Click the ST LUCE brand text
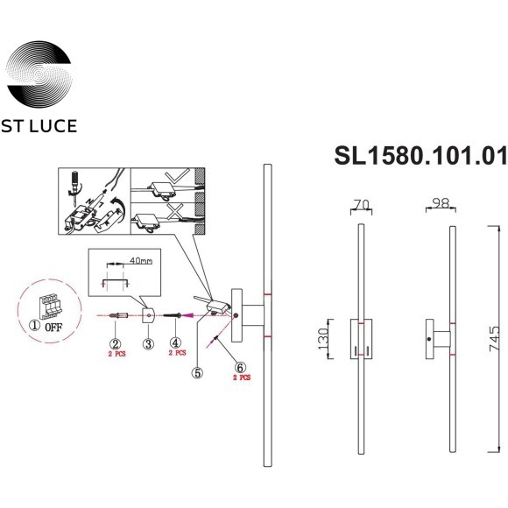click(x=41, y=127)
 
